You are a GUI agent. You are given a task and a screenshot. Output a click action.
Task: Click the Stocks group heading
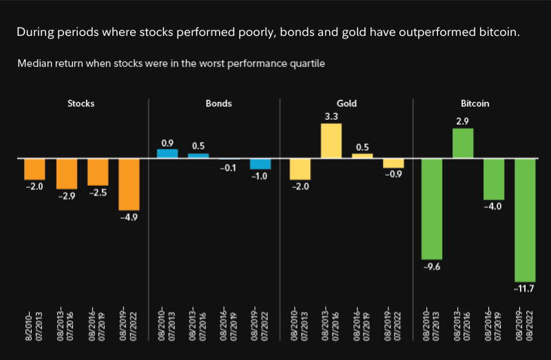(x=81, y=104)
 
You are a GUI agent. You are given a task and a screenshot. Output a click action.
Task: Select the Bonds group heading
(x=218, y=104)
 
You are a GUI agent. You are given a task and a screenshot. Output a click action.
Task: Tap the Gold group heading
(x=346, y=104)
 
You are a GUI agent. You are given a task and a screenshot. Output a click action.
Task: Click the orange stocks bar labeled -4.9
(x=129, y=184)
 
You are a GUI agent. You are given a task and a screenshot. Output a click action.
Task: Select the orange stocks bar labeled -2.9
(x=66, y=173)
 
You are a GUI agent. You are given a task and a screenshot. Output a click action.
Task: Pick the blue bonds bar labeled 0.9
(x=167, y=153)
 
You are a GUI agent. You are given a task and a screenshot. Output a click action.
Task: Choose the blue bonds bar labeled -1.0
(x=260, y=164)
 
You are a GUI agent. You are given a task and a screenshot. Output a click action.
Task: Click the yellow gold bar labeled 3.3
(x=331, y=140)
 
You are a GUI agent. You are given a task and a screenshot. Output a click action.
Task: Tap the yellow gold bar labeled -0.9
(x=393, y=163)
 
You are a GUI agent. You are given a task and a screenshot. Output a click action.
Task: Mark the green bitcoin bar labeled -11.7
(x=525, y=220)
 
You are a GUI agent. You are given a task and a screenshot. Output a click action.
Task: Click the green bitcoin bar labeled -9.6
(x=432, y=209)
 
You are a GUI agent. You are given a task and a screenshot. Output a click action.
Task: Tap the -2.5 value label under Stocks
(x=98, y=193)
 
